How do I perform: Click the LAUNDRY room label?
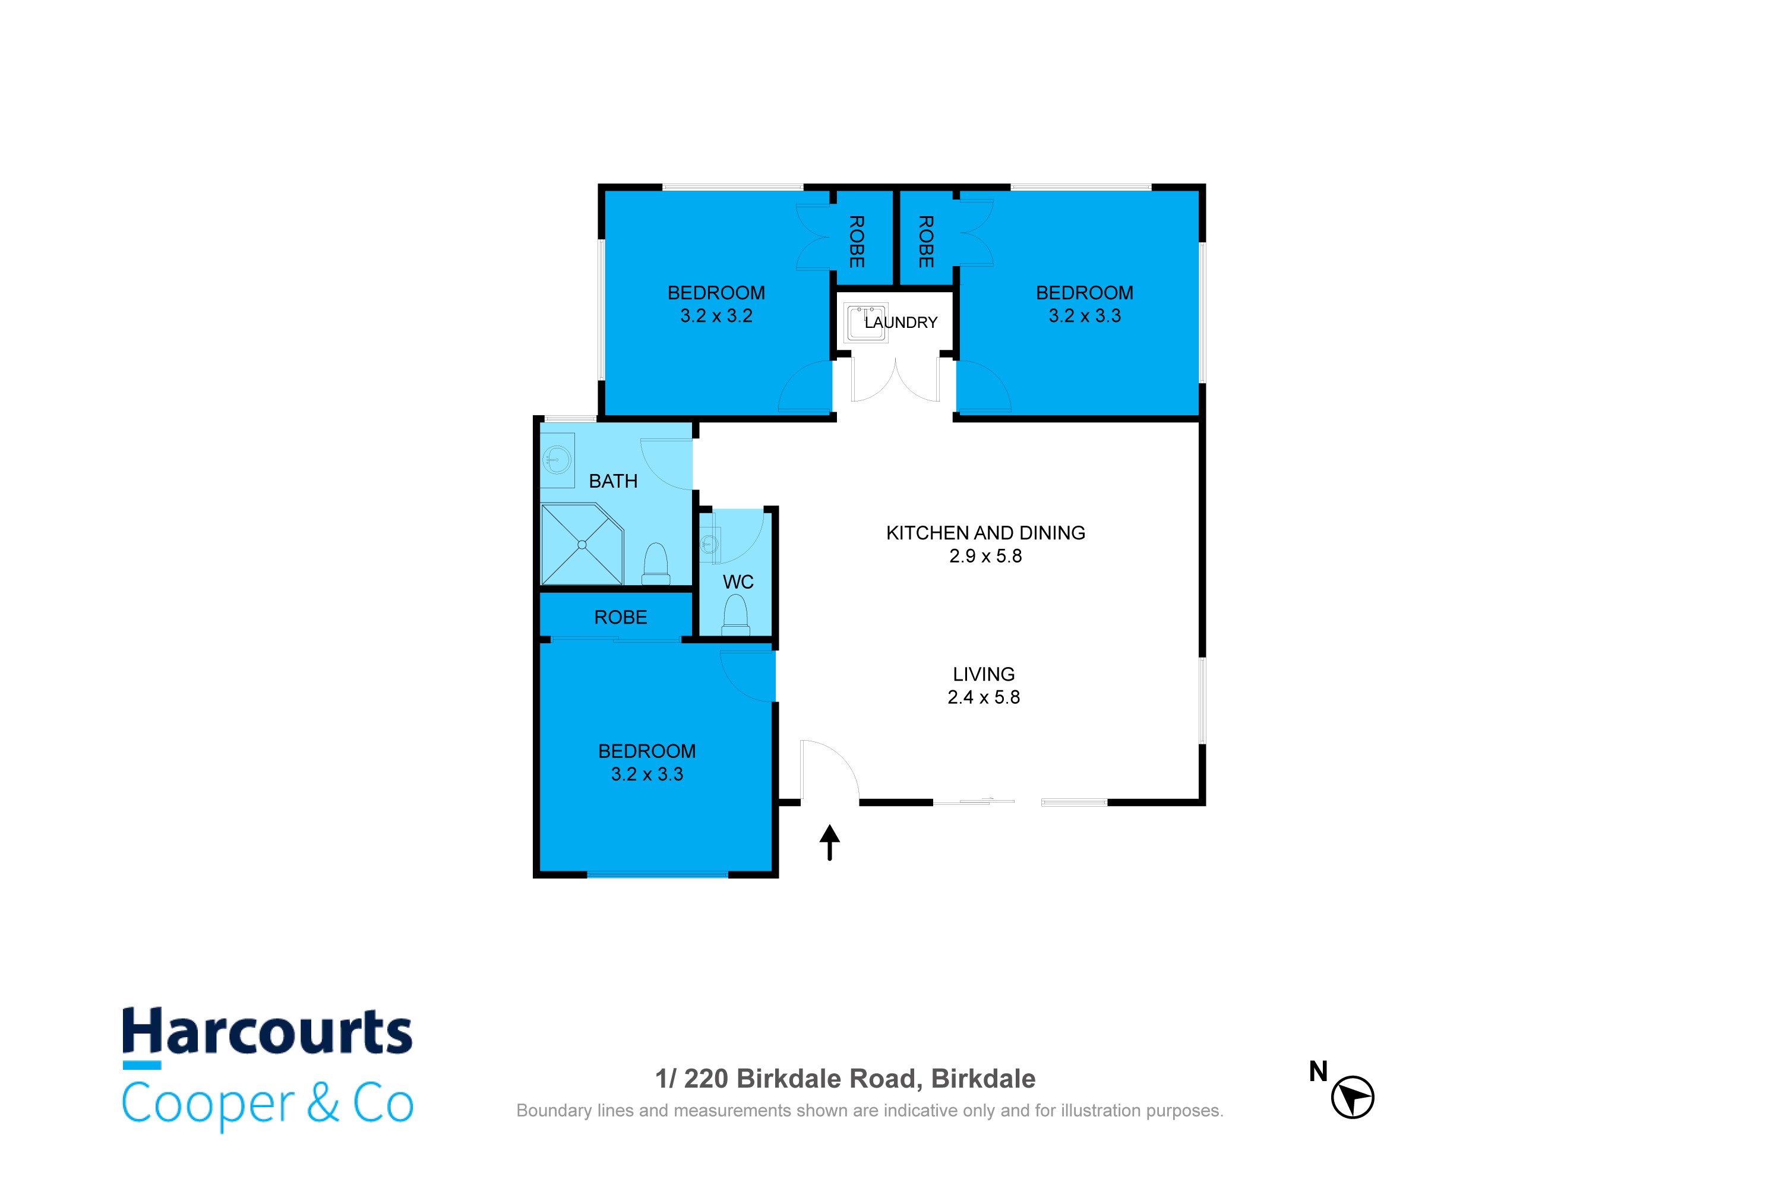tap(901, 323)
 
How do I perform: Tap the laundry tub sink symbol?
tap(865, 323)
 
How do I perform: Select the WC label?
tap(738, 582)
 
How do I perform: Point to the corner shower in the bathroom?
tap(582, 545)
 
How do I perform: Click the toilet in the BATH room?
tap(656, 564)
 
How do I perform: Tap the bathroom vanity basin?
tap(558, 460)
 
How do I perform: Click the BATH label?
tap(613, 481)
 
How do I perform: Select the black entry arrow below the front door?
tap(830, 842)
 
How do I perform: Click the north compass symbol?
tap(1353, 1097)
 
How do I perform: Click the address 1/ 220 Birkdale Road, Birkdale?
tap(845, 1078)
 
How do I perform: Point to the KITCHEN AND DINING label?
tap(985, 533)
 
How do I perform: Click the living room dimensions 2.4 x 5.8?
tap(984, 697)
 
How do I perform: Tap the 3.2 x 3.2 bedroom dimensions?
tap(716, 316)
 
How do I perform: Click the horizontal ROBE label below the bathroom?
tap(621, 618)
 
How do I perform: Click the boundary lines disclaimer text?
tap(870, 1111)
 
